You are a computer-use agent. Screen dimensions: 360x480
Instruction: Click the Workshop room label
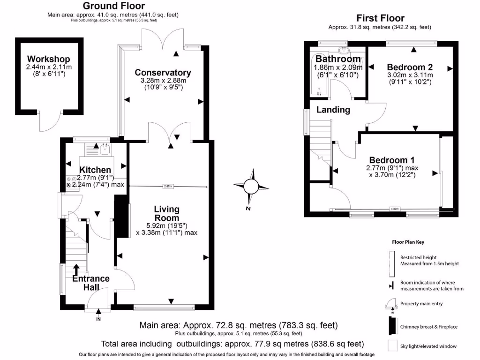coord(48,59)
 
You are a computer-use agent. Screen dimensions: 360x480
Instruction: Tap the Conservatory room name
coord(163,73)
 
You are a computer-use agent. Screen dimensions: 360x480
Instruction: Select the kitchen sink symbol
coord(105,150)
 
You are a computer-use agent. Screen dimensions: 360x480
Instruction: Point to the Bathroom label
coord(338,59)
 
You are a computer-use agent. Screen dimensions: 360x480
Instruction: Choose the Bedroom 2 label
coord(410,67)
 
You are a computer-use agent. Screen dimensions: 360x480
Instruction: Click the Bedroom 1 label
coord(391,159)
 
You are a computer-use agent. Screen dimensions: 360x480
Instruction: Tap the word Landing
coord(333,110)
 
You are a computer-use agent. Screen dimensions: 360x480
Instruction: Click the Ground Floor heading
coord(112,6)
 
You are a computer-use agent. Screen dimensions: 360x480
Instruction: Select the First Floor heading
coord(380,18)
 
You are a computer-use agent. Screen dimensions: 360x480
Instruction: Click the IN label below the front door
coord(98,319)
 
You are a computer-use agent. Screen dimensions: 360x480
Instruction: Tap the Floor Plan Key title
coord(408,242)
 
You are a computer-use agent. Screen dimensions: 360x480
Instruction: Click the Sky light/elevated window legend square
coord(391,346)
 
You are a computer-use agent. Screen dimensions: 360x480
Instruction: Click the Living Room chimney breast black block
coord(123,218)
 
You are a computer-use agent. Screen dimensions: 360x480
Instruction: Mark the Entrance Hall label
coord(91,283)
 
